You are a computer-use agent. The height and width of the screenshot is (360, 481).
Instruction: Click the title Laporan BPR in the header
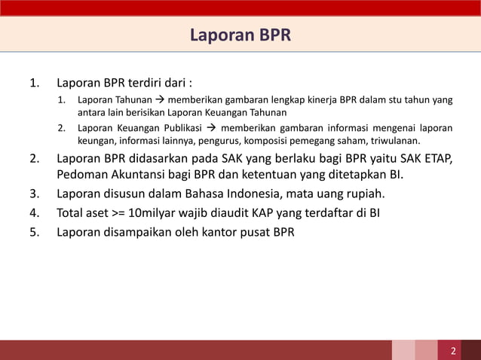click(240, 35)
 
